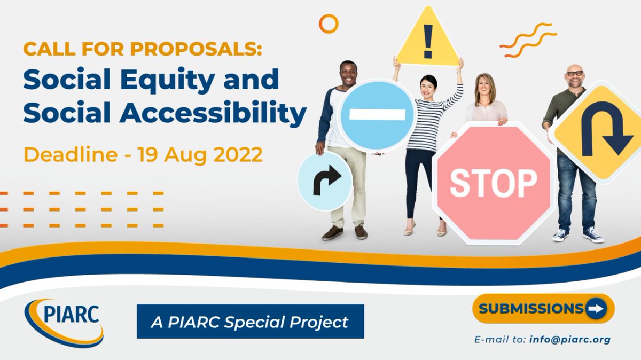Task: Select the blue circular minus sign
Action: (377, 115)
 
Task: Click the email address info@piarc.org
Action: (570, 339)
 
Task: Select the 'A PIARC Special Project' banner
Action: (250, 322)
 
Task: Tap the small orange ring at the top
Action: (329, 24)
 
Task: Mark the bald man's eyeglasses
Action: (575, 73)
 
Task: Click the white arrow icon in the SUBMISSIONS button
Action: (595, 308)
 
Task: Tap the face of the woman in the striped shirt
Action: (428, 85)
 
